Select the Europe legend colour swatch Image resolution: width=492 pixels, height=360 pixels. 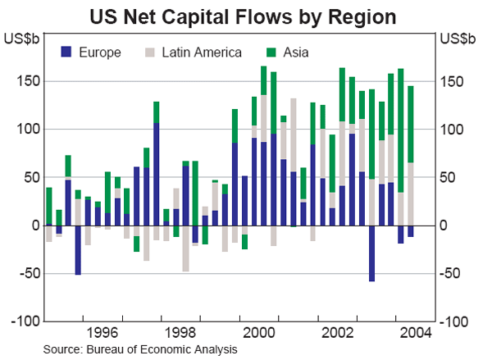point(66,52)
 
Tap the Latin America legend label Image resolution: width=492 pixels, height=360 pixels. point(202,52)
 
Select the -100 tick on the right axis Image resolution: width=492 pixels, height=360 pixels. point(457,321)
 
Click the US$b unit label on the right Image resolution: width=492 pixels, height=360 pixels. point(458,38)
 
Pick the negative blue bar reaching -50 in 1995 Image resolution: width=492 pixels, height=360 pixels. point(78,249)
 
